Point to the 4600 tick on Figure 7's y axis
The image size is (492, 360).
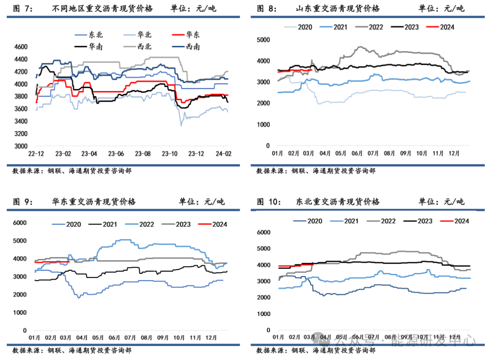pyautogui.click(x=21, y=46)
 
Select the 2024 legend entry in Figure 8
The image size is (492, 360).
pyautogui.click(x=447, y=27)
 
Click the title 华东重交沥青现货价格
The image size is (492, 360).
pyautogui.click(x=93, y=202)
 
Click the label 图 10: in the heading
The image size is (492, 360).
pyautogui.click(x=269, y=202)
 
